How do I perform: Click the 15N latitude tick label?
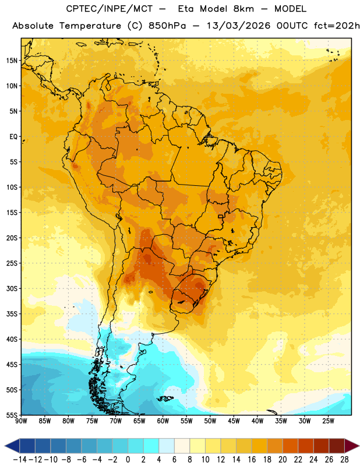(12, 61)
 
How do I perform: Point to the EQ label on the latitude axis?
(13, 137)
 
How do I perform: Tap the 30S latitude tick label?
(12, 288)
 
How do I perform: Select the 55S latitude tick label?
(12, 415)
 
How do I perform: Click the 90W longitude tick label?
(21, 421)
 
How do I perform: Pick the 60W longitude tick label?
(163, 421)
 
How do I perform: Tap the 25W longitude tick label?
(328, 421)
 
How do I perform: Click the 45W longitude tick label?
(234, 421)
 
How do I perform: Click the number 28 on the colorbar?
(344, 460)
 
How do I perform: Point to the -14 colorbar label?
(20, 460)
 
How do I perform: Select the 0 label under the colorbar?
(128, 460)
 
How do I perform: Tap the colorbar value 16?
(252, 460)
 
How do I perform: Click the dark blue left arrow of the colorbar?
(12, 446)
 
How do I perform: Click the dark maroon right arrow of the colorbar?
(352, 446)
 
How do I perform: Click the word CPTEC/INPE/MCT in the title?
(110, 9)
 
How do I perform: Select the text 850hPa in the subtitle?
(167, 26)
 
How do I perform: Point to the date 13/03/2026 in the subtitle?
(238, 26)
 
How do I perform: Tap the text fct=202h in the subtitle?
(337, 26)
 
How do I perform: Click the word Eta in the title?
(186, 9)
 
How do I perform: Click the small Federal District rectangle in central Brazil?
(221, 216)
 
